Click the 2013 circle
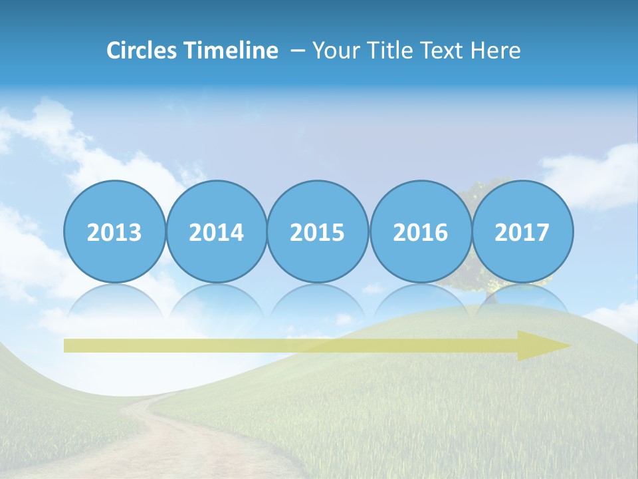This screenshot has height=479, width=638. (x=114, y=232)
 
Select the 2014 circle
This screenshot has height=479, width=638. (x=217, y=232)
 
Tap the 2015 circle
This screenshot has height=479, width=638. (x=318, y=232)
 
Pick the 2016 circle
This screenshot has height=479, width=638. (x=420, y=232)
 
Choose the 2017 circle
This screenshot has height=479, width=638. (x=522, y=232)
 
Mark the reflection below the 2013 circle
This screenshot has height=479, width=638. (x=114, y=299)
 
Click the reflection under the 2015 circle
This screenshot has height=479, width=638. (x=318, y=299)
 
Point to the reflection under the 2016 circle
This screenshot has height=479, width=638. (x=420, y=299)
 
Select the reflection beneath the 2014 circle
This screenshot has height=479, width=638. (x=217, y=299)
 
